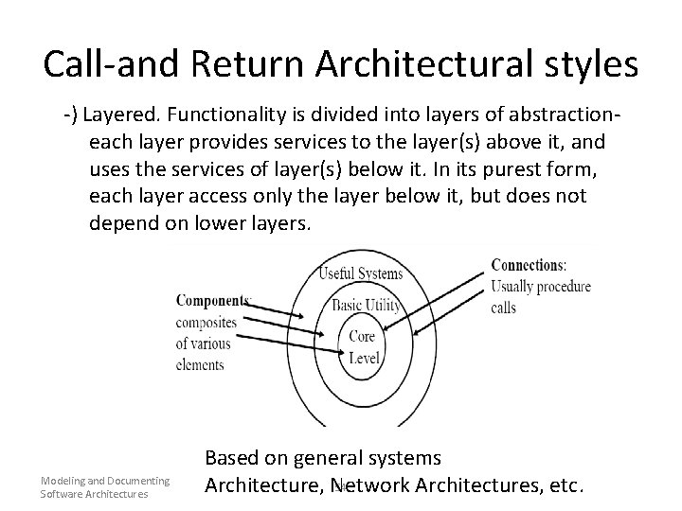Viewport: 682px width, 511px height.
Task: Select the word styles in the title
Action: tap(588, 63)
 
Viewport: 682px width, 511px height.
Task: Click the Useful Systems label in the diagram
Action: tap(362, 274)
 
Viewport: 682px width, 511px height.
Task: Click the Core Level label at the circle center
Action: tap(362, 347)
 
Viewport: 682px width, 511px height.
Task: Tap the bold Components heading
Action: tap(213, 301)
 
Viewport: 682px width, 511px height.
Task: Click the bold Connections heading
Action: tap(529, 265)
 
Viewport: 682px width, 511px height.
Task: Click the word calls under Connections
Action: tap(504, 308)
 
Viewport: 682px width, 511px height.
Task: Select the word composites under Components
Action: tap(206, 322)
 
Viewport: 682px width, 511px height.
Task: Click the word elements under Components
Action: tap(200, 364)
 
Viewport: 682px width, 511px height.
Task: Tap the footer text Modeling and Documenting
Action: tap(104, 481)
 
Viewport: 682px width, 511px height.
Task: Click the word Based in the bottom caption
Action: tap(235, 458)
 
